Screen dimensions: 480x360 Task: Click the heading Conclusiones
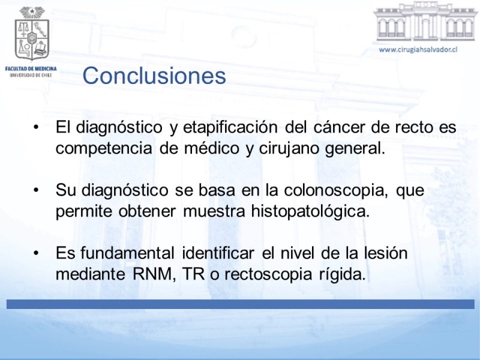tap(154, 76)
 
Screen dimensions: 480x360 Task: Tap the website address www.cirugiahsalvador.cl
tap(418, 50)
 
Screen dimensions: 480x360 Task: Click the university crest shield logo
tap(32, 34)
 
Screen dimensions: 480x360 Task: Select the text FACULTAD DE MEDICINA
tap(31, 69)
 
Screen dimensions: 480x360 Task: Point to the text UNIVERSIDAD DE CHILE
tap(31, 75)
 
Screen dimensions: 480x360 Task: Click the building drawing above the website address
tap(425, 22)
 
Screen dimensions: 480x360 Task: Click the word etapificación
tap(230, 127)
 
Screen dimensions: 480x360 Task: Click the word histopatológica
tap(310, 211)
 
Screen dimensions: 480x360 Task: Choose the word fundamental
tap(128, 253)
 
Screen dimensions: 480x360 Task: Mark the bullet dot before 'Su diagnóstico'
tap(37, 190)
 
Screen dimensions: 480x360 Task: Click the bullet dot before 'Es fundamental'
tap(37, 253)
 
